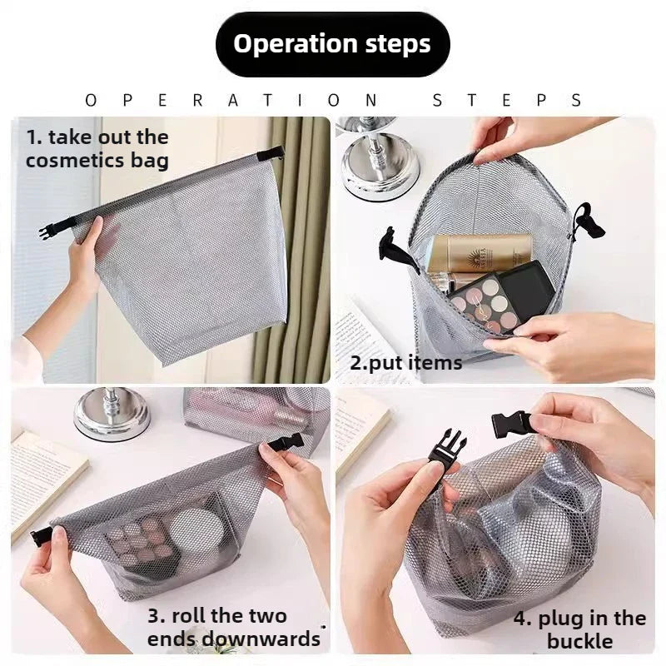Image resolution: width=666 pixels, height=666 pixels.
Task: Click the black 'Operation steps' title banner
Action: pos(332,44)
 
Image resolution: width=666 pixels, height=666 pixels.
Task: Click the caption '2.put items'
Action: pos(405,363)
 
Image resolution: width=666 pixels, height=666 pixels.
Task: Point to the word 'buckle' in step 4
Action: pos(579,641)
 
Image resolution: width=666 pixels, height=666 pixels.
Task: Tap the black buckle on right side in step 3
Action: pos(286,444)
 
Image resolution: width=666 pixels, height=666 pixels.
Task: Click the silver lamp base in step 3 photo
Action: pos(112,415)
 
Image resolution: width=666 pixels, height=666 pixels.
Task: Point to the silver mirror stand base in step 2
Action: pos(381,169)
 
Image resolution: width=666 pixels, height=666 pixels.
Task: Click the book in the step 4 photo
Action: pos(361,428)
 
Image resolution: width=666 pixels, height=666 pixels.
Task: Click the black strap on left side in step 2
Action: pos(398,251)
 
